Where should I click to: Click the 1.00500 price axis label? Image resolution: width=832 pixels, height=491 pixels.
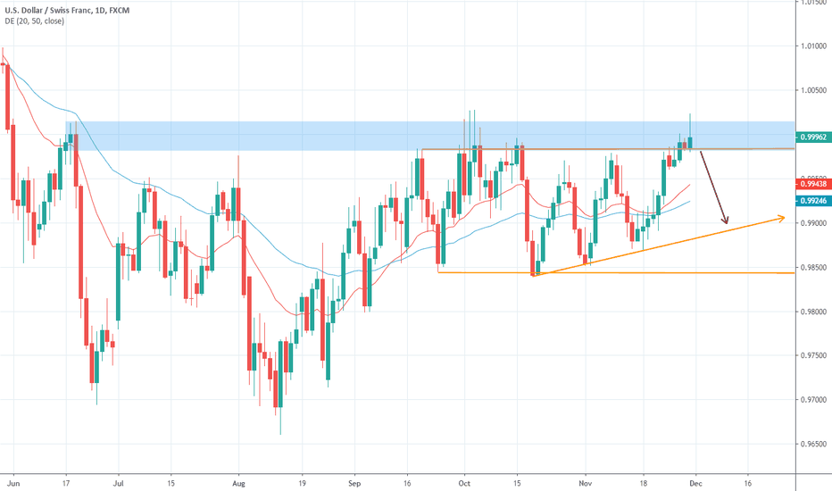812,90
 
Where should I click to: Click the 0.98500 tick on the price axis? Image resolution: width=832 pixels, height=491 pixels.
812,267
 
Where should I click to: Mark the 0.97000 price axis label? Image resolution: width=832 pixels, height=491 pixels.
812,400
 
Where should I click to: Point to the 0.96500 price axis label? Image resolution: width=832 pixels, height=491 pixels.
812,444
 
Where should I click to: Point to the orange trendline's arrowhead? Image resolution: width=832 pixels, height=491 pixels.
782,217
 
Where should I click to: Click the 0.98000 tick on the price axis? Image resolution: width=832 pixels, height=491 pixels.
812,312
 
